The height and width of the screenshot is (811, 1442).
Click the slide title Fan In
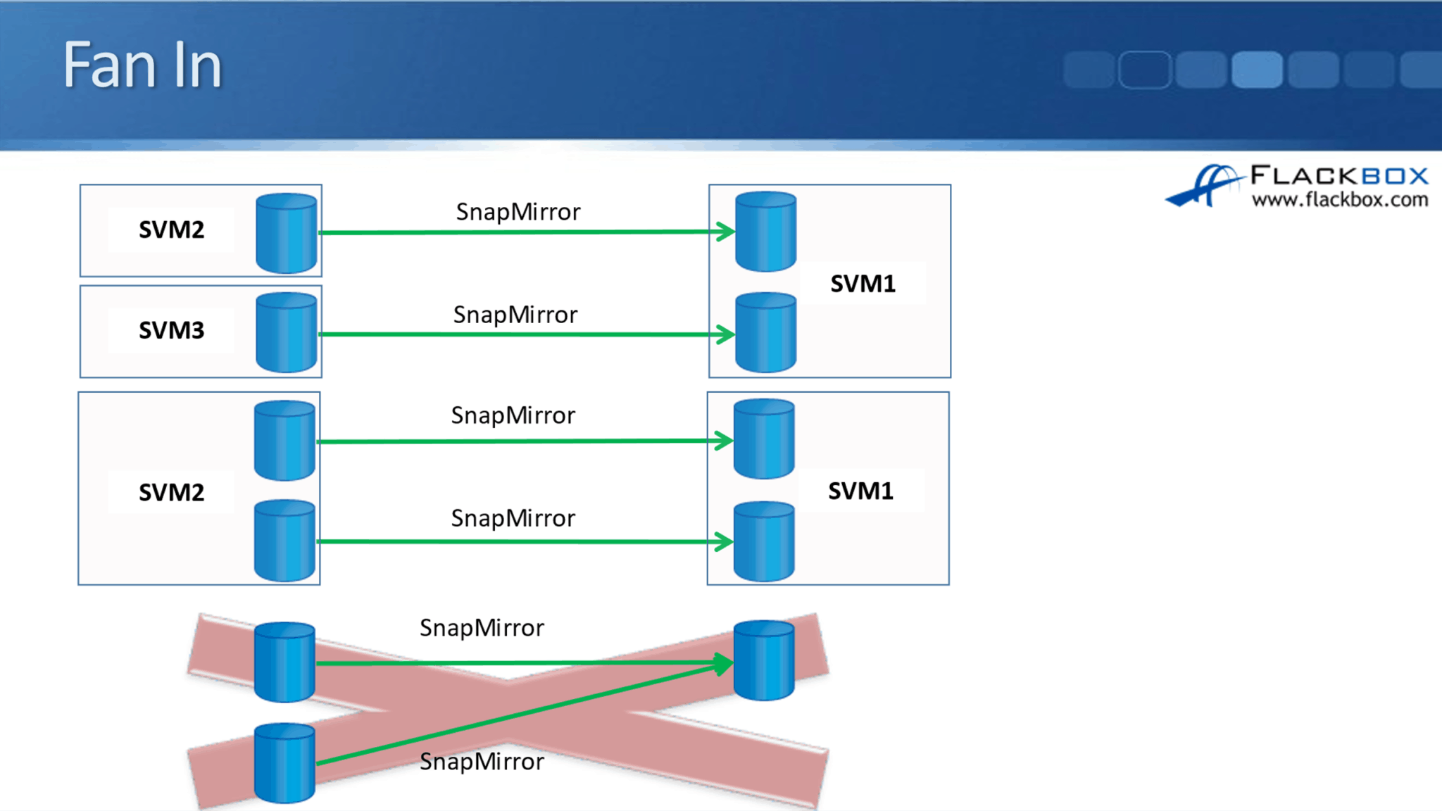[143, 65]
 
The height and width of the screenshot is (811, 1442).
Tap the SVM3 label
[171, 330]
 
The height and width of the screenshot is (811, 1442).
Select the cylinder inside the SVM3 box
[286, 332]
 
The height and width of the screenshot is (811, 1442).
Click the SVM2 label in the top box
[171, 230]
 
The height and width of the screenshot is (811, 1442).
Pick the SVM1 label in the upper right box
[863, 284]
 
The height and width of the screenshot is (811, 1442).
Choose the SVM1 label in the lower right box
[860, 491]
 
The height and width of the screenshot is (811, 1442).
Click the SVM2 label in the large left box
[171, 492]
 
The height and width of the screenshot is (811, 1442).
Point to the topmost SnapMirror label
[518, 212]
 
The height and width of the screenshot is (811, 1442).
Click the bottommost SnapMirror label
[482, 762]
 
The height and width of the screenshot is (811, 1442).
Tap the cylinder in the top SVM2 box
[286, 232]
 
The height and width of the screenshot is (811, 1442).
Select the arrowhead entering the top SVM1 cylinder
[725, 232]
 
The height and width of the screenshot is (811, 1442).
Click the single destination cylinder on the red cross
[764, 660]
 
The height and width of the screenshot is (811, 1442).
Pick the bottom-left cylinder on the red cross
[284, 763]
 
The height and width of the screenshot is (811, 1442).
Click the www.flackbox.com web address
[1339, 200]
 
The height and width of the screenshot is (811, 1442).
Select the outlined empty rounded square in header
[1144, 70]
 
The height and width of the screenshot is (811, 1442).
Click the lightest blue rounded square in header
[1257, 70]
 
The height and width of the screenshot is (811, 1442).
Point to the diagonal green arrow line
[521, 714]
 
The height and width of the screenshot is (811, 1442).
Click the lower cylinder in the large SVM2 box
[284, 541]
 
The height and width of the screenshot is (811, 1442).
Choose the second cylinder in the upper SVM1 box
[765, 332]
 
